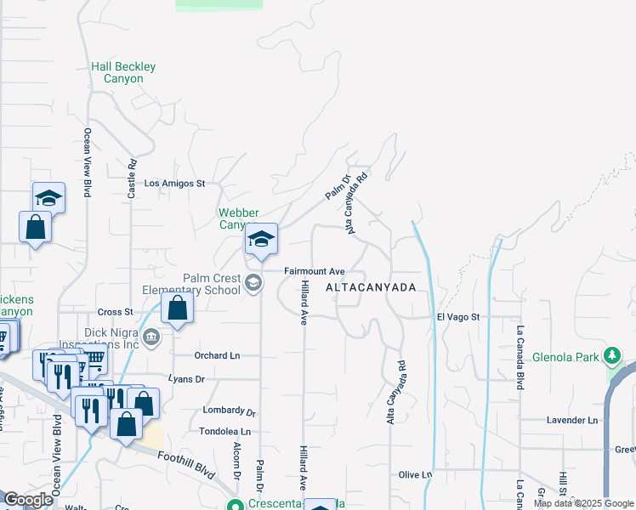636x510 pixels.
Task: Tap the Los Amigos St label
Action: pyautogui.click(x=175, y=183)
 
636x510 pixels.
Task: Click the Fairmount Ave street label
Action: pyautogui.click(x=314, y=271)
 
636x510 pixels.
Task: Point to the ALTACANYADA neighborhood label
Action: pyautogui.click(x=372, y=287)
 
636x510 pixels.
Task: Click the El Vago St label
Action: pyautogui.click(x=458, y=316)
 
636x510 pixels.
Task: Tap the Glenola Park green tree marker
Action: pyautogui.click(x=611, y=354)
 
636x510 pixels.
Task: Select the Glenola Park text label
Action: pyautogui.click(x=566, y=357)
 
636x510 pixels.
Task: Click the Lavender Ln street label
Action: pyautogui.click(x=572, y=420)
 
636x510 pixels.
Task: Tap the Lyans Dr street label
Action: pyautogui.click(x=187, y=378)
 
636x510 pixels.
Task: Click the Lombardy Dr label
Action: pyautogui.click(x=229, y=411)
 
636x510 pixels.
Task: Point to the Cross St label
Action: pyautogui.click(x=116, y=312)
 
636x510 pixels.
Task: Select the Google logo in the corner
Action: pyautogui.click(x=28, y=500)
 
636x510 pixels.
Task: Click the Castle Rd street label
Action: pyautogui.click(x=132, y=180)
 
